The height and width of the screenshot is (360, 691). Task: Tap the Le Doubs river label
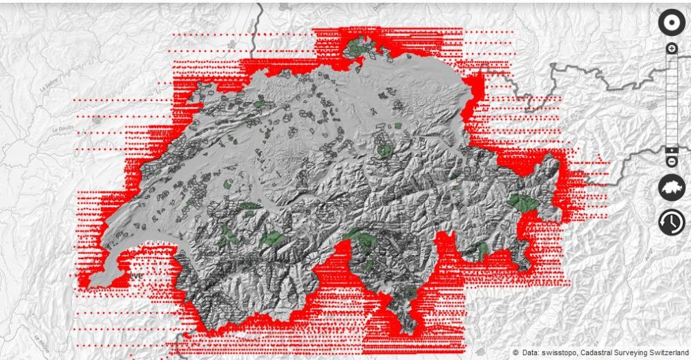click(63, 129)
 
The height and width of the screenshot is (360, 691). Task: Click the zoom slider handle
click(671, 150)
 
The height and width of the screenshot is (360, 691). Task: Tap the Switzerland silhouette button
click(671, 187)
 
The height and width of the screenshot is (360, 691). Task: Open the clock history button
click(671, 222)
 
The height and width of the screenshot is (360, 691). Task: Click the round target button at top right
click(671, 23)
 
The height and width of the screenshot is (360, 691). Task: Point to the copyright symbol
click(515, 353)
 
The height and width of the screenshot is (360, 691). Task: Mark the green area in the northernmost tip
click(358, 48)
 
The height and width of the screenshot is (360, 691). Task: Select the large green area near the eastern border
click(523, 202)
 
